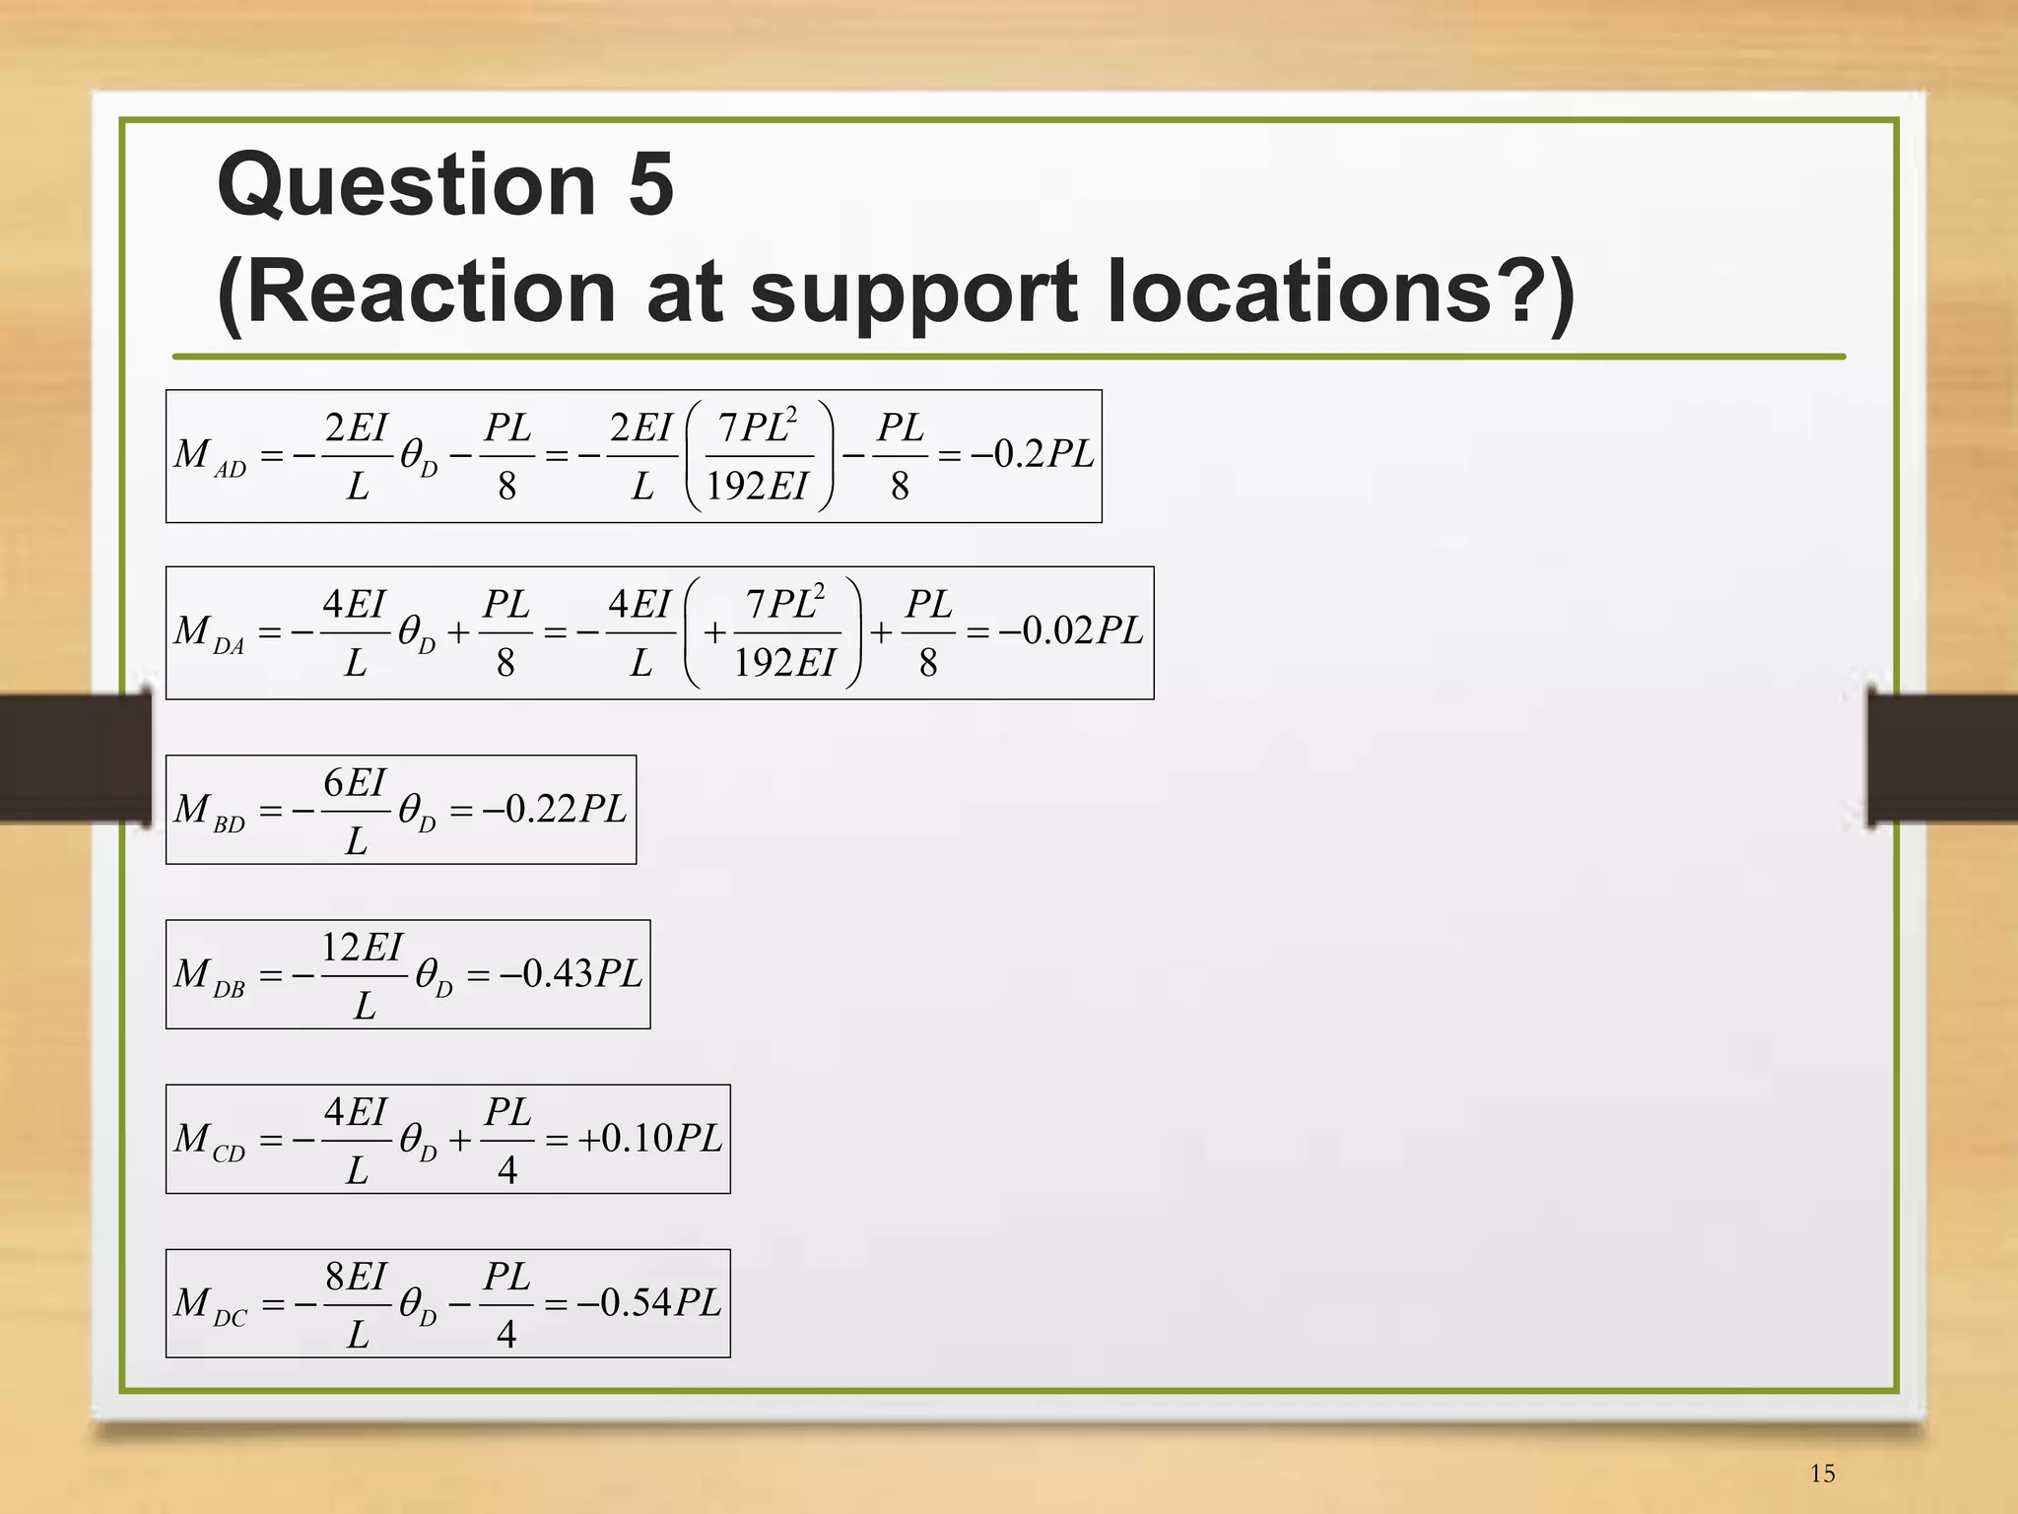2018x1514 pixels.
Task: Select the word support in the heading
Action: coord(912,294)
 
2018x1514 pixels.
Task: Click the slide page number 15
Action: coord(1822,1474)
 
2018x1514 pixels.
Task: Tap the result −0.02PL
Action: coord(1070,630)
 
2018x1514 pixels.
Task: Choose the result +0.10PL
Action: coord(649,1138)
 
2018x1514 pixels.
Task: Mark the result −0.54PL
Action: coord(649,1302)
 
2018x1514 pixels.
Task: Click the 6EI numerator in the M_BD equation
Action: coord(355,783)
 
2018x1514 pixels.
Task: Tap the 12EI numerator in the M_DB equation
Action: coord(363,948)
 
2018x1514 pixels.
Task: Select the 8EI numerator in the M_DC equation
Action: coord(356,1277)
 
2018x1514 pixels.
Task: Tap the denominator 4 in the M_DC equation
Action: coord(506,1334)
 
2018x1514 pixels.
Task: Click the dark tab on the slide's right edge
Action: coord(1942,757)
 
